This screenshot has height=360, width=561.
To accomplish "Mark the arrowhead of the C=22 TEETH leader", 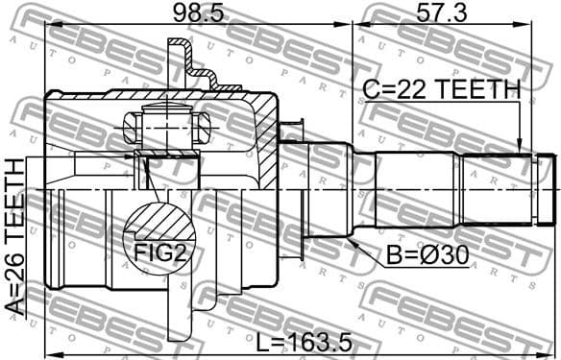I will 520,151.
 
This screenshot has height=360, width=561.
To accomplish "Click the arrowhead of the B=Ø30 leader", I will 353,243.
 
